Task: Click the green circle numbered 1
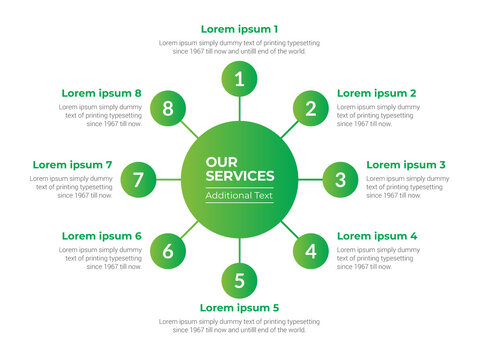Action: [x=239, y=79]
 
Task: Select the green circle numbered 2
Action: [x=311, y=109]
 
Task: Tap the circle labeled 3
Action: [x=340, y=180]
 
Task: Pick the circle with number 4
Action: [x=311, y=251]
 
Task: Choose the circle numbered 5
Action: [x=239, y=281]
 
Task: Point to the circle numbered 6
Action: [x=168, y=251]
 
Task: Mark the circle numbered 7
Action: [x=138, y=180]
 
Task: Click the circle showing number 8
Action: [x=168, y=109]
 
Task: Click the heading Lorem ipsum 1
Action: [x=240, y=29]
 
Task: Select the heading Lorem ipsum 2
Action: [x=377, y=93]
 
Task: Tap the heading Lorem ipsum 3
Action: [x=406, y=164]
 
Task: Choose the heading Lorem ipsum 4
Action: [x=377, y=236]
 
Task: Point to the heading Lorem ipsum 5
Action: [x=240, y=307]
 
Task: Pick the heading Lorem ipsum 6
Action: [x=101, y=236]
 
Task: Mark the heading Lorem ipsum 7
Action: [x=72, y=164]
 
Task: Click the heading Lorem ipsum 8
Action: [x=101, y=93]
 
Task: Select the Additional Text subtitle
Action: [x=239, y=196]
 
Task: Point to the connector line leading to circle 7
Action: [x=168, y=180]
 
